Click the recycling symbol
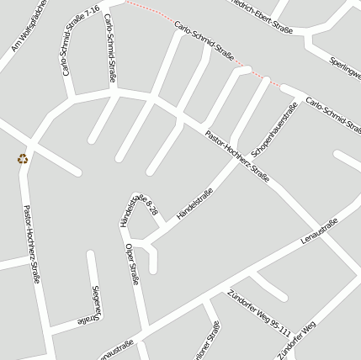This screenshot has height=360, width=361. (23, 158)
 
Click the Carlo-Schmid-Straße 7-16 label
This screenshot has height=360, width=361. (81, 41)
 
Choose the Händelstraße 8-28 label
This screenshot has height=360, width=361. (140, 208)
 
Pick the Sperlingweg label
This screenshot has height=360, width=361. (345, 67)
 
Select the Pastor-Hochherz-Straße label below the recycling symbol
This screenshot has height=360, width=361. (31, 243)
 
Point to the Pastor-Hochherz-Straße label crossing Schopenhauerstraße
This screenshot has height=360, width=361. (236, 156)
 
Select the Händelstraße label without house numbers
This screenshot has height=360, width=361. (195, 204)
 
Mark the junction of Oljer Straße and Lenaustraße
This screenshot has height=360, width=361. (150, 329)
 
